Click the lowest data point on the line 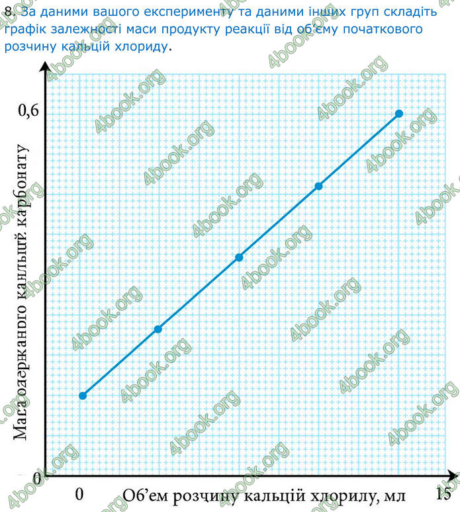83,396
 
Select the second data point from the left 158,329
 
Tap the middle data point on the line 240,257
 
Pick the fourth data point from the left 318,186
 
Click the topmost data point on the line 399,114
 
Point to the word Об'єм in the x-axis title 145,494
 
